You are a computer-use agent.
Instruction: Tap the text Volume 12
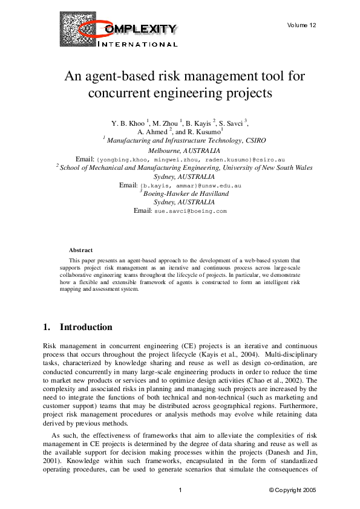[302, 25]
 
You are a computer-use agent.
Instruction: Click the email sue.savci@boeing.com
[190, 211]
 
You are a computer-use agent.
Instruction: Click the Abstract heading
[81, 250]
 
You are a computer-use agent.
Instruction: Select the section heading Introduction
[86, 327]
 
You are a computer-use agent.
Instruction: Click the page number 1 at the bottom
[180, 490]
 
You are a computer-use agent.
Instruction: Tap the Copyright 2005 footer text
[292, 490]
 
